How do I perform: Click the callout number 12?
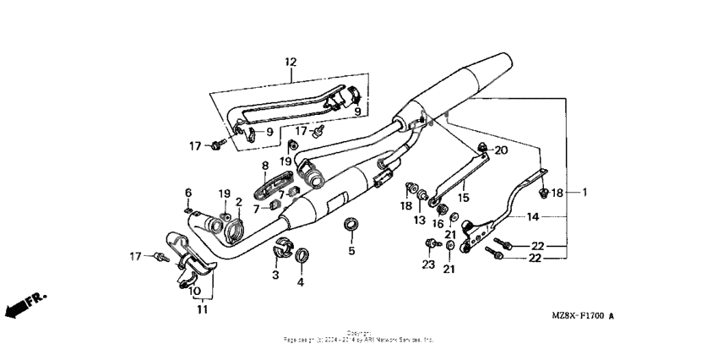pyautogui.click(x=290, y=62)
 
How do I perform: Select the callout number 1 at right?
pyautogui.click(x=583, y=192)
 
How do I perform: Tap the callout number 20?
pyautogui.click(x=501, y=150)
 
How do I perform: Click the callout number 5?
pyautogui.click(x=351, y=250)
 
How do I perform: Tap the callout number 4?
pyautogui.click(x=301, y=282)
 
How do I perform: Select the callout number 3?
pyautogui.click(x=275, y=275)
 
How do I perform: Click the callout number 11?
pyautogui.click(x=194, y=311)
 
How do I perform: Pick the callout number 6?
pyautogui.click(x=188, y=193)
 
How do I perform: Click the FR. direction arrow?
pyautogui.click(x=26, y=305)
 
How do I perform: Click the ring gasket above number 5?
pyautogui.click(x=351, y=225)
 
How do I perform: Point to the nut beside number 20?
pyautogui.click(x=481, y=149)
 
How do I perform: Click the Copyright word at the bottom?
pyautogui.click(x=358, y=333)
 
